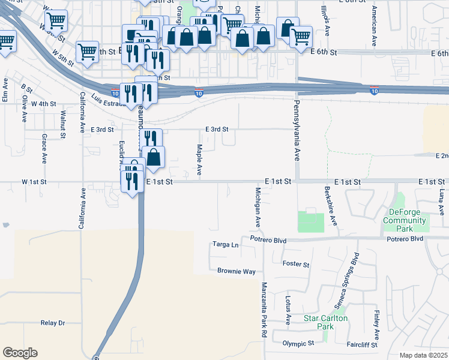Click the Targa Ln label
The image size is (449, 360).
coord(226,245)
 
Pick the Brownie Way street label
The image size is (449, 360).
coord(236,271)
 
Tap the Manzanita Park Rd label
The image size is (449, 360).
coord(264,310)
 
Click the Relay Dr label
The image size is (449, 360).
coord(53,323)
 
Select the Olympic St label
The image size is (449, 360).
coord(298,343)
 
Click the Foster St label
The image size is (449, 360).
coord(295,264)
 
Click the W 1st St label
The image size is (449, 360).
coord(34,181)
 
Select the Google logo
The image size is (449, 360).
coord(20,353)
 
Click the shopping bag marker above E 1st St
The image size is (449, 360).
coord(154,157)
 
